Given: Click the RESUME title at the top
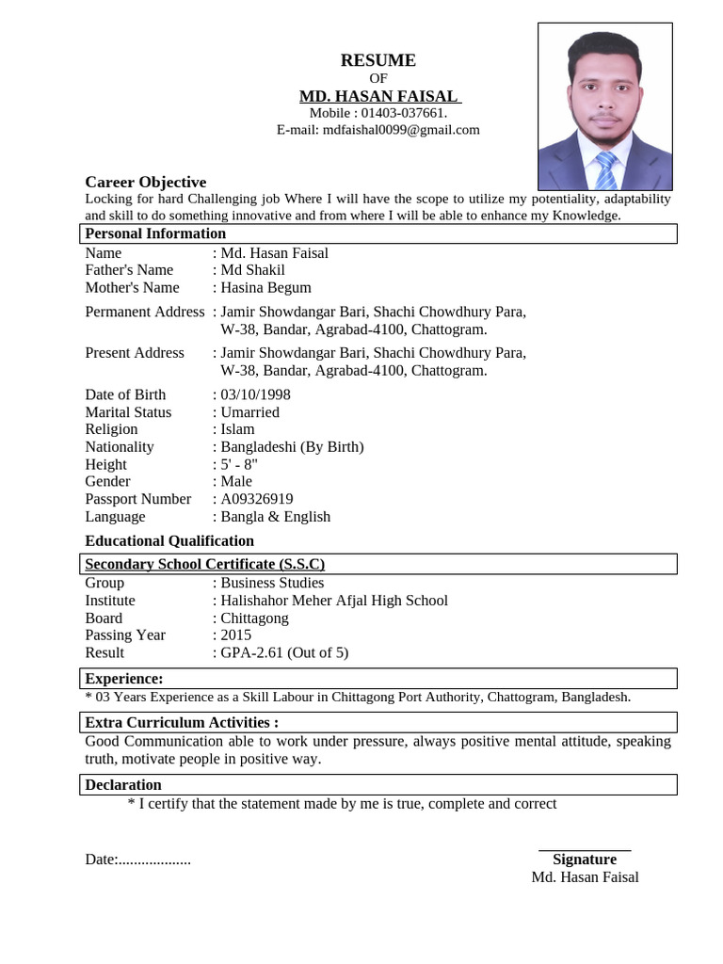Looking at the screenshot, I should (x=378, y=60).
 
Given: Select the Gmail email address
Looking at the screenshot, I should (x=401, y=130).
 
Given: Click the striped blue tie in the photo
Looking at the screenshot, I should (x=605, y=170).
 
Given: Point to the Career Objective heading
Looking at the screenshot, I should (x=145, y=182).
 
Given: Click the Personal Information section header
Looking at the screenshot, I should (x=155, y=233).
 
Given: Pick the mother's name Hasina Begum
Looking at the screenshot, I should (x=265, y=287).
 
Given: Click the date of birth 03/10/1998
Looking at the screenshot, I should (x=255, y=394).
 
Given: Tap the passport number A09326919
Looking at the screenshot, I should (x=256, y=499).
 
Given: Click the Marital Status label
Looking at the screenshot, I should (x=128, y=412).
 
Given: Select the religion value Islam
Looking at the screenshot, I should (x=237, y=429).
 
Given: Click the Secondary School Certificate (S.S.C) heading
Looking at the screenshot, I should (x=204, y=564).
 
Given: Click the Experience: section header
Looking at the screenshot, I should (x=123, y=679).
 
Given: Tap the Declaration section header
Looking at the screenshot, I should (x=123, y=784).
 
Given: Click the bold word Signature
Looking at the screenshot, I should (x=585, y=859).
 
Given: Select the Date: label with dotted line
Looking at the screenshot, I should (x=137, y=859).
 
